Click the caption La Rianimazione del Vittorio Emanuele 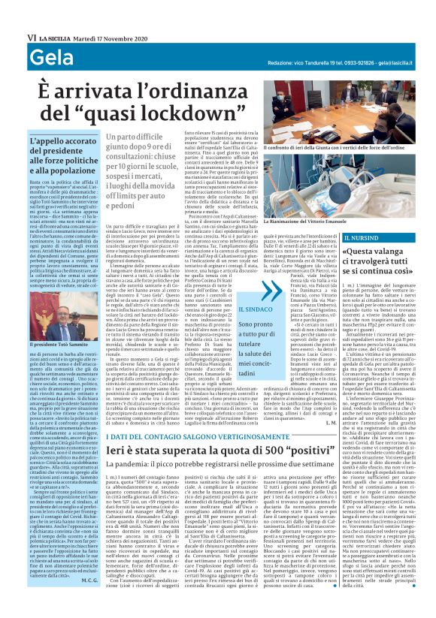coord(309,222)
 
